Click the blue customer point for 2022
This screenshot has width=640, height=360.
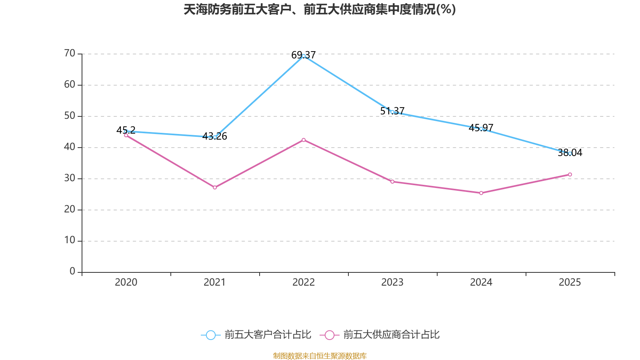click(x=304, y=56)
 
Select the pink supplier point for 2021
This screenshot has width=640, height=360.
click(x=215, y=187)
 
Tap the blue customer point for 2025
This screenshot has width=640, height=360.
click(x=570, y=154)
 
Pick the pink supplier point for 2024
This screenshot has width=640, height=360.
click(x=481, y=193)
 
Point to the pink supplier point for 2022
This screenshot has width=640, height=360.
click(x=304, y=140)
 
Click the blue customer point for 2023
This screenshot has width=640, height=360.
click(x=392, y=112)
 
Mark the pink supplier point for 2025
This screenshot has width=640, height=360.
click(x=570, y=174)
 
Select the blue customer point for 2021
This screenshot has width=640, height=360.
click(x=215, y=137)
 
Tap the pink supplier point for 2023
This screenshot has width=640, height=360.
click(x=392, y=182)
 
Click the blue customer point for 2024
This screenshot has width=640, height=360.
click(x=481, y=129)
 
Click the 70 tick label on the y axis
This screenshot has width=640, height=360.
click(x=70, y=53)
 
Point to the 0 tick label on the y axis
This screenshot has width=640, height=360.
click(x=72, y=272)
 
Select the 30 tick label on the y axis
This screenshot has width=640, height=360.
click(x=70, y=178)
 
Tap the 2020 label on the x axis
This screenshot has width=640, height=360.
click(x=126, y=282)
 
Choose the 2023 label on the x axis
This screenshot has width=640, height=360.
click(x=392, y=282)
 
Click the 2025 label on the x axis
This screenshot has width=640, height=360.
click(x=570, y=282)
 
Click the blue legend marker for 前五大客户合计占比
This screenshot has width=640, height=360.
click(x=210, y=335)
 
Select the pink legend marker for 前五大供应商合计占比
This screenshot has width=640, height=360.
click(x=329, y=335)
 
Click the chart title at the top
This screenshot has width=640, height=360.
click(x=320, y=10)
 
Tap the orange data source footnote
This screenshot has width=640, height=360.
click(x=320, y=356)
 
